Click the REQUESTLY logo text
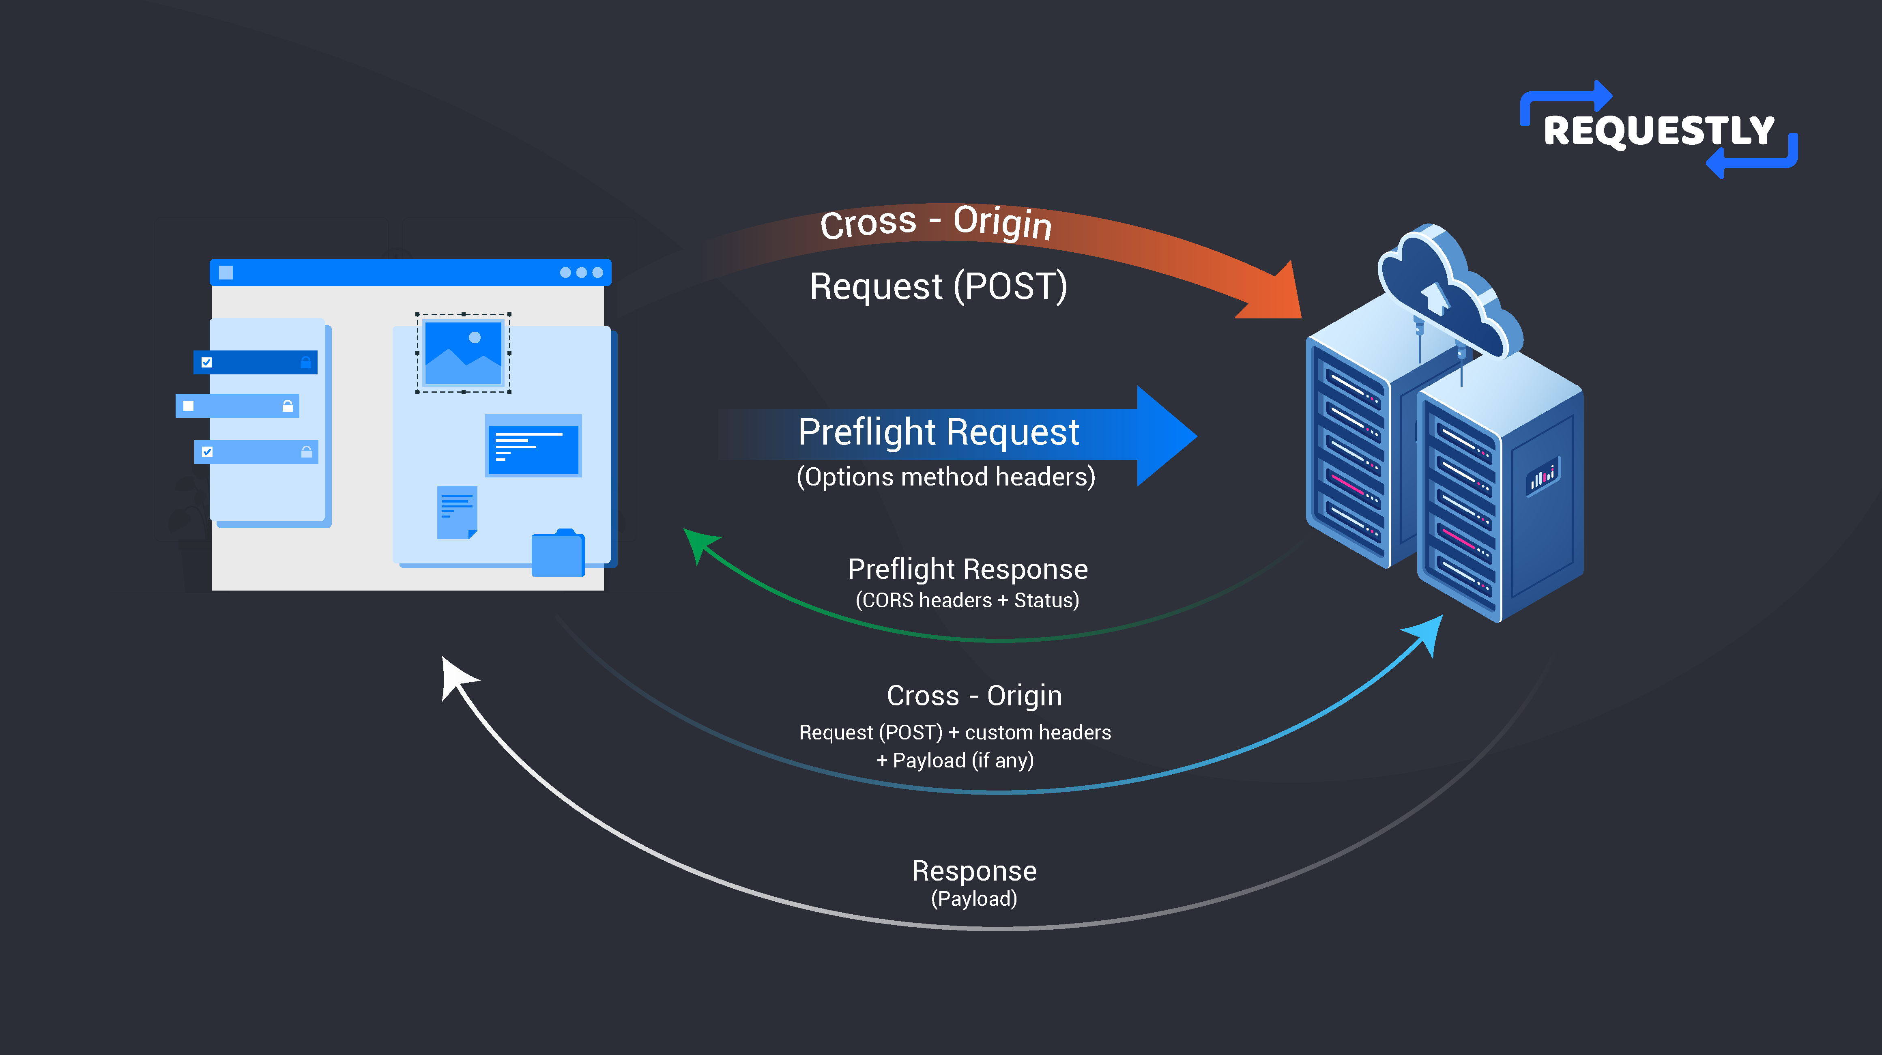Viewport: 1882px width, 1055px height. pyautogui.click(x=1659, y=131)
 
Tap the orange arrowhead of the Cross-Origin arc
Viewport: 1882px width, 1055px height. pyautogui.click(x=1275, y=296)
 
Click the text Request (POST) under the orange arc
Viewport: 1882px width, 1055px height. pyautogui.click(x=938, y=286)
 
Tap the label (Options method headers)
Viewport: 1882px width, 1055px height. pyautogui.click(x=945, y=477)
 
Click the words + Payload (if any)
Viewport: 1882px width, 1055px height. pyautogui.click(x=955, y=761)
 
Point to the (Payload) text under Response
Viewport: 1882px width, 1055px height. pyautogui.click(x=974, y=899)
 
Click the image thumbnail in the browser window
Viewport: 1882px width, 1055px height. pyautogui.click(x=463, y=353)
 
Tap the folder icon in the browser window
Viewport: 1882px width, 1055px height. pyautogui.click(x=557, y=554)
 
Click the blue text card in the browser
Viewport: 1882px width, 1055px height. pyautogui.click(x=533, y=446)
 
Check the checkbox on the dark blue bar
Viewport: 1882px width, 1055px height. pyautogui.click(x=207, y=362)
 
